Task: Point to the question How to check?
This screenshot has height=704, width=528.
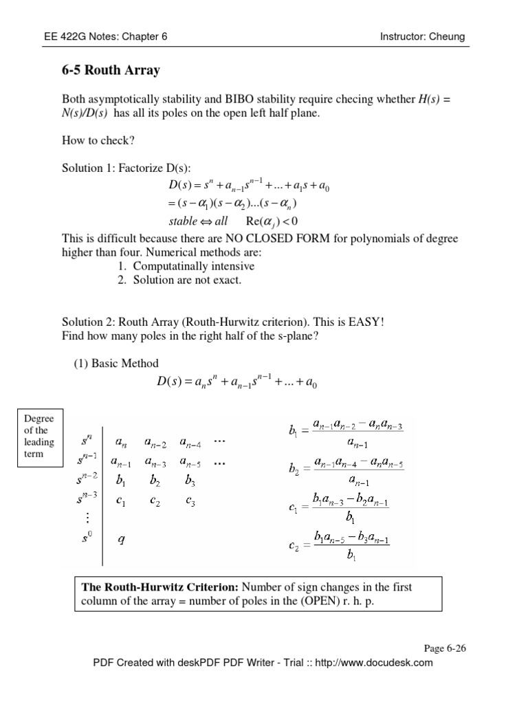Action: coord(98,141)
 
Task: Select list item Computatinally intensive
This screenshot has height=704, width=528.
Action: coord(193,266)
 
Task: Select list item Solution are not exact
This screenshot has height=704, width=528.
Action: coord(187,280)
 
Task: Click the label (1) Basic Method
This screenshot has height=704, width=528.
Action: coord(116,363)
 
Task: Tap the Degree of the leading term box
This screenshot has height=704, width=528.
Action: coord(38,435)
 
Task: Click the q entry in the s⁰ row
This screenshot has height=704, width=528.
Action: coord(122,540)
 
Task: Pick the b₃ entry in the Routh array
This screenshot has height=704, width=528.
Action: coord(190,482)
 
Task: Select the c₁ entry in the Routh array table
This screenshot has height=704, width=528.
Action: coord(121,502)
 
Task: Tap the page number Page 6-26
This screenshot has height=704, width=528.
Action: coord(446,648)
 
